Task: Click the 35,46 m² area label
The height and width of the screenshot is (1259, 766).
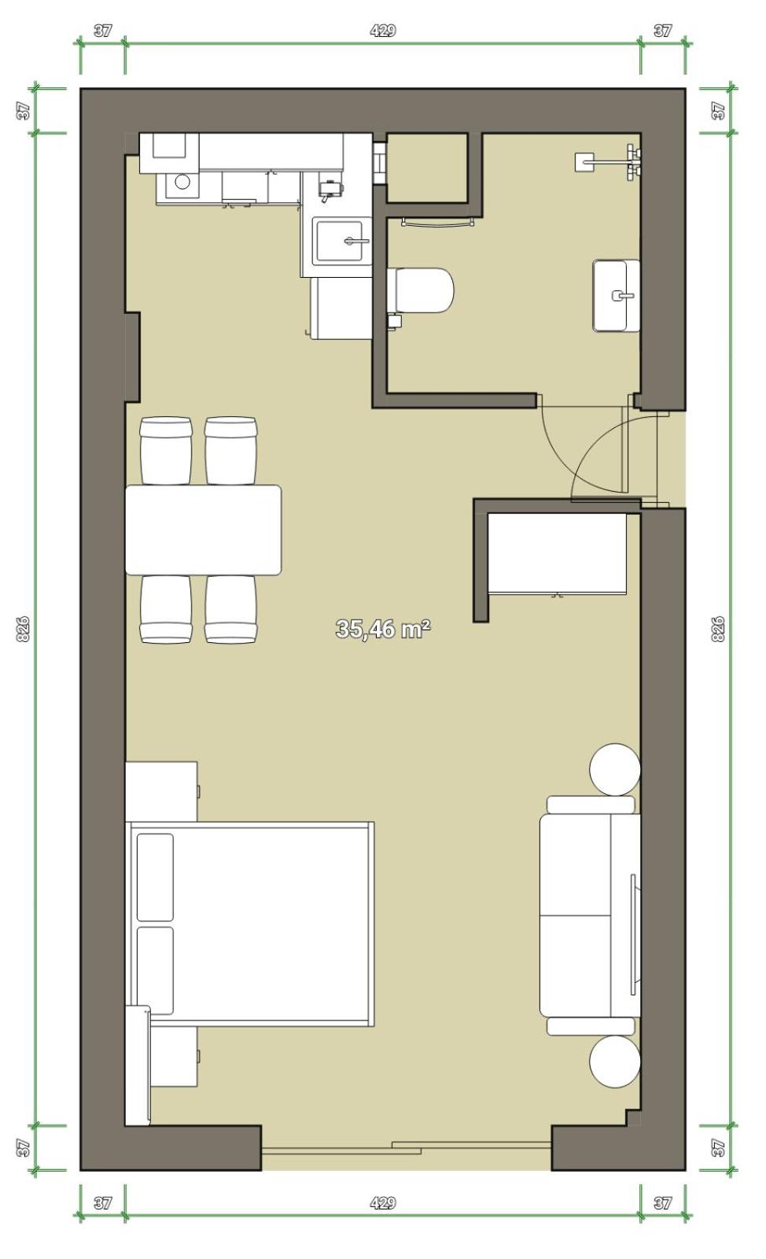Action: pos(383,629)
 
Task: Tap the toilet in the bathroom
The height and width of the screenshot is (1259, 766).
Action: pos(420,290)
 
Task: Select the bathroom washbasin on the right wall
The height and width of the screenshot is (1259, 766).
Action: pos(616,295)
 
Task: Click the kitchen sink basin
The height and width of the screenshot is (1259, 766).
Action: pos(340,241)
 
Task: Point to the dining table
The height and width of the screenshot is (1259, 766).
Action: pos(203,530)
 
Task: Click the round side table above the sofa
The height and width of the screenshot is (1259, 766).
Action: pos(615,770)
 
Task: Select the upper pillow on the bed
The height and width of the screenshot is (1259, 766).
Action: pos(155,877)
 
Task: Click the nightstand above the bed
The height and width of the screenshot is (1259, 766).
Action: pos(162,792)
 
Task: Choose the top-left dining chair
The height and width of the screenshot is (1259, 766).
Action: pos(166,451)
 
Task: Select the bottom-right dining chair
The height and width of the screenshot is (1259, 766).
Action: pos(230,609)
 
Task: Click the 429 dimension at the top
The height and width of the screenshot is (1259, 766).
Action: pos(383,31)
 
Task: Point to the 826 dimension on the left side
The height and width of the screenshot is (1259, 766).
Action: pos(23,629)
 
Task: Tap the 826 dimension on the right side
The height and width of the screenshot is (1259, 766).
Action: pos(718,629)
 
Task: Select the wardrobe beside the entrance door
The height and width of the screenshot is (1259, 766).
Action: pos(557,554)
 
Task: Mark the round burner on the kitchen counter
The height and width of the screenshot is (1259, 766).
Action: pos(182,182)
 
